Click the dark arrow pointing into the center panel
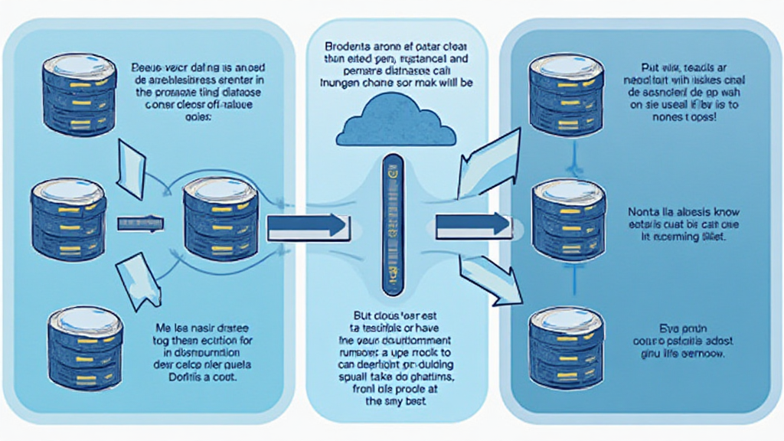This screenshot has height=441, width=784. point(304,225)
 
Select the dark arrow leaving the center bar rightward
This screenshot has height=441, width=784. point(472,224)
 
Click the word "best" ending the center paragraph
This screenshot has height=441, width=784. point(411,400)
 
